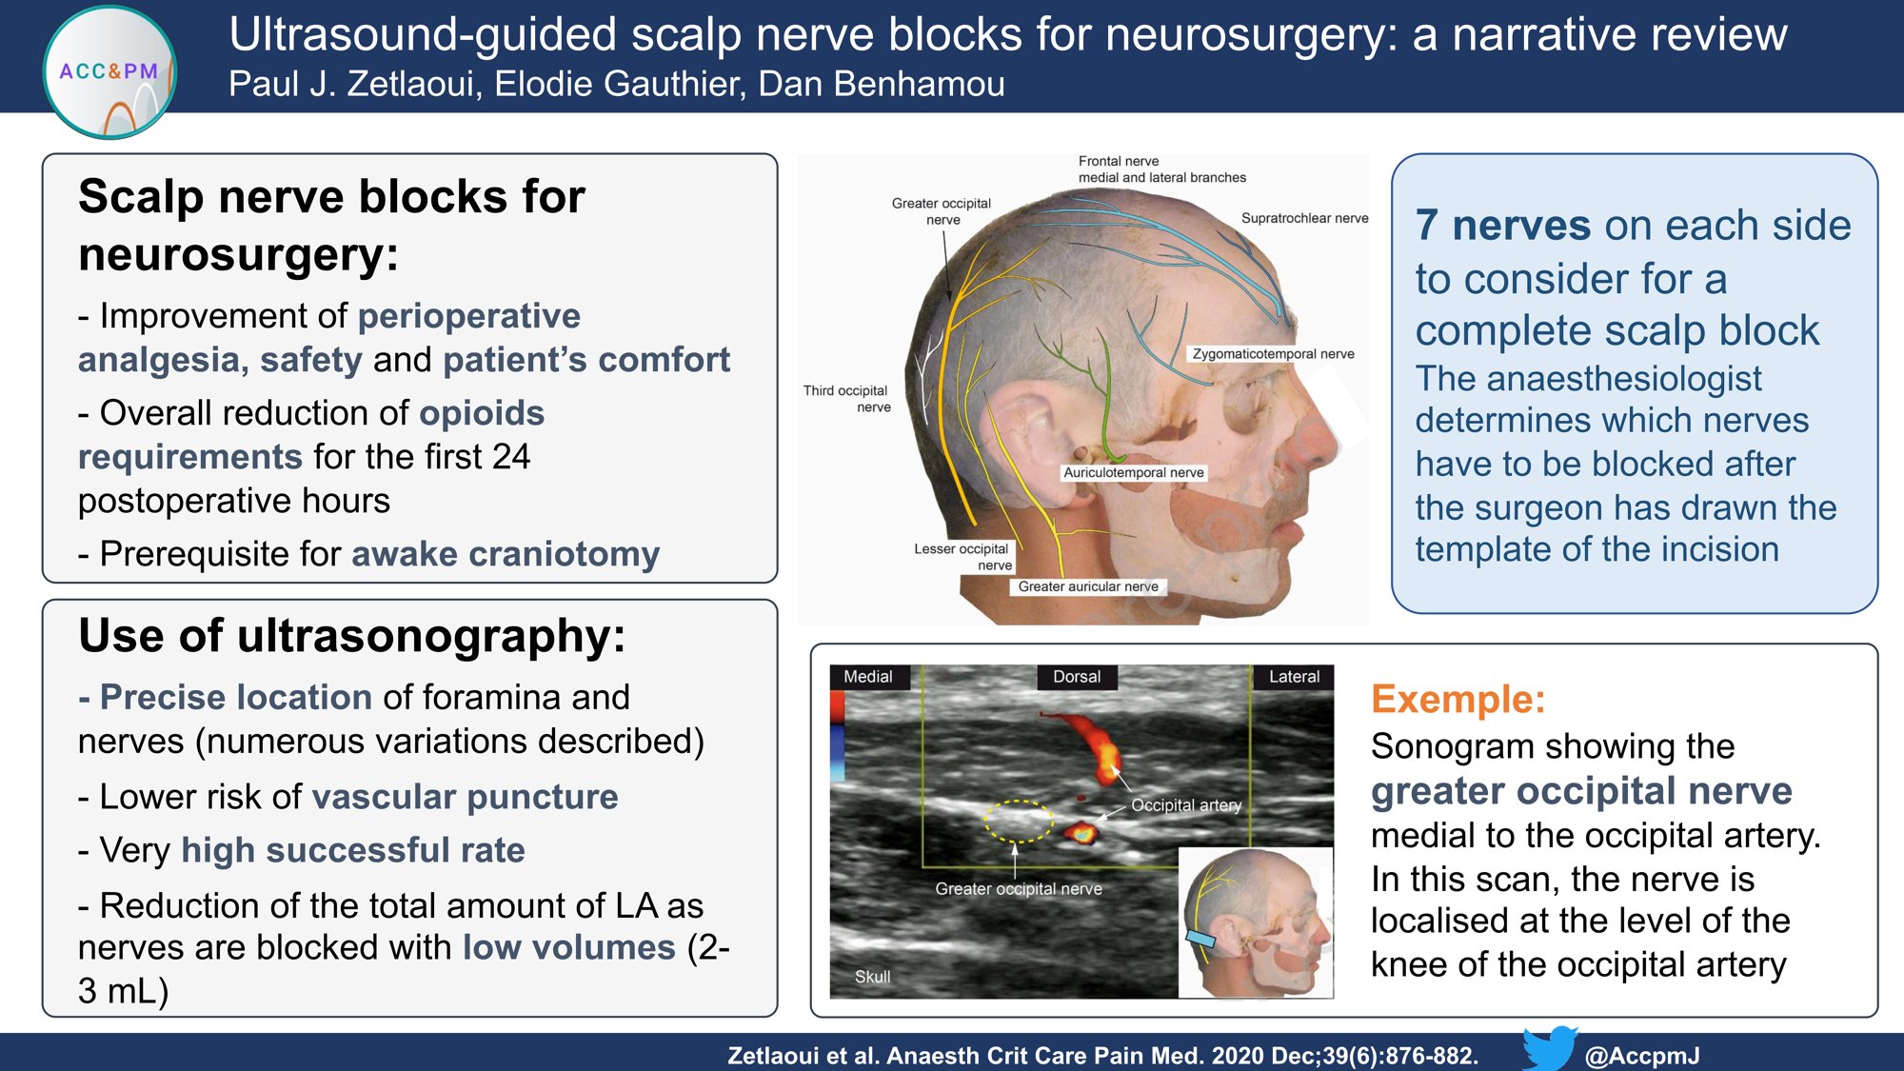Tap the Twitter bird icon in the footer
tap(1549, 1048)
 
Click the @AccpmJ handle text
tap(1642, 1056)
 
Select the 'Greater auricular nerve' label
tap(1088, 586)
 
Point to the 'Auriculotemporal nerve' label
tap(1133, 472)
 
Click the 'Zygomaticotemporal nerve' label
tap(1273, 354)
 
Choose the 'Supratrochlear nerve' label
tap(1304, 218)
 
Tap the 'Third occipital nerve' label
tap(845, 398)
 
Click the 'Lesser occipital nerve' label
tap(962, 556)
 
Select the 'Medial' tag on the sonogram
tap(867, 677)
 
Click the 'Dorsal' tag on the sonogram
tap(1077, 677)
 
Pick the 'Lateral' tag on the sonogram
tap(1294, 677)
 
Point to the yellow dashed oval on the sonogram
tap(1018, 821)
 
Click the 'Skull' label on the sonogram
tap(872, 977)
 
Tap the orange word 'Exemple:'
tap(1458, 700)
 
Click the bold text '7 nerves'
tap(1502, 226)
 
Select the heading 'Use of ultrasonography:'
tap(352, 636)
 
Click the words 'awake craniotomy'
tap(506, 554)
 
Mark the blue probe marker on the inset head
tap(1200, 940)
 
